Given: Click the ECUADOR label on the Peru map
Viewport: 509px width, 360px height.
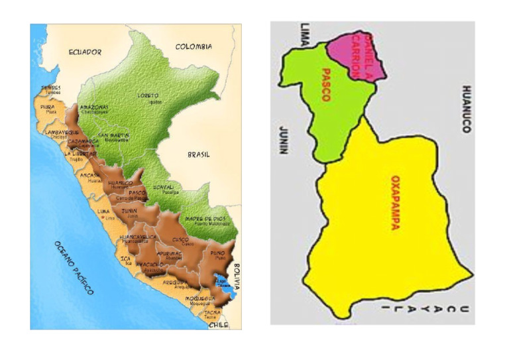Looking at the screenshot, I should tap(85, 51).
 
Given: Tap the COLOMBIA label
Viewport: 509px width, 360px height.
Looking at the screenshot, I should tap(194, 46).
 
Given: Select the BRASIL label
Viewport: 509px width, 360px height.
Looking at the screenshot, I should tap(199, 154).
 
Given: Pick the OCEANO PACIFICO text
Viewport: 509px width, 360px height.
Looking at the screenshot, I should tap(72, 267).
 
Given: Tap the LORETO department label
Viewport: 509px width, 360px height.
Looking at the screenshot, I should tap(148, 95).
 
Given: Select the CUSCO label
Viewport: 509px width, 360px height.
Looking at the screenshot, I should tap(180, 240).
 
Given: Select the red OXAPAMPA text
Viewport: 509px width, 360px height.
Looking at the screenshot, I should tap(395, 202).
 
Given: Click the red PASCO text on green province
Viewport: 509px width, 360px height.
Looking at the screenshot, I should tap(325, 84).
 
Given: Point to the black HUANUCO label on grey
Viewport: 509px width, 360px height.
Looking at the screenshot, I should tap(466, 109).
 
